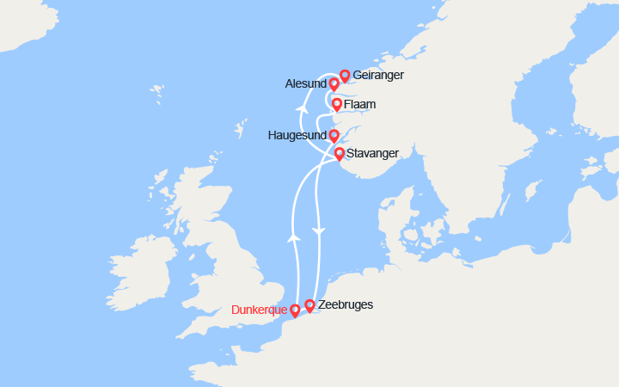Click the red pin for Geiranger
coord(345,76)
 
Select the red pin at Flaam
coord(336,105)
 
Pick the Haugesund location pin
coord(334,135)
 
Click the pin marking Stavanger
coord(340,154)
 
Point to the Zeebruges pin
coord(309,304)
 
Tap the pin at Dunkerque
coord(295,310)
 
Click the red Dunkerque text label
coord(259,310)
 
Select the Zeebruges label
coord(346,304)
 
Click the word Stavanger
coord(374,153)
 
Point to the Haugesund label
coord(296,135)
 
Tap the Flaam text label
coord(360,105)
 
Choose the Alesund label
coord(305,84)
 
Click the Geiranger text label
coord(378,76)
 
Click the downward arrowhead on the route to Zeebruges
coord(319,231)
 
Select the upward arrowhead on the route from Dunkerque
coord(294,235)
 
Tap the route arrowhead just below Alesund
coord(302,108)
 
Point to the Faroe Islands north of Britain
coord(157,89)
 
